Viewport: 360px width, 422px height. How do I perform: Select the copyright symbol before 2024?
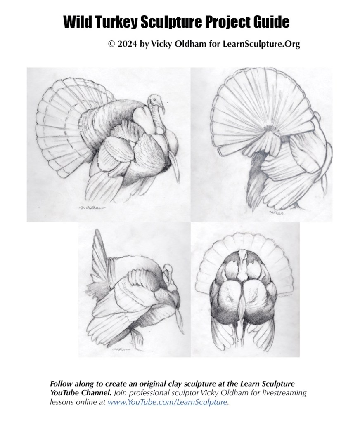(111, 44)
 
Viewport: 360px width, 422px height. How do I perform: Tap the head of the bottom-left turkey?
(167, 270)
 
